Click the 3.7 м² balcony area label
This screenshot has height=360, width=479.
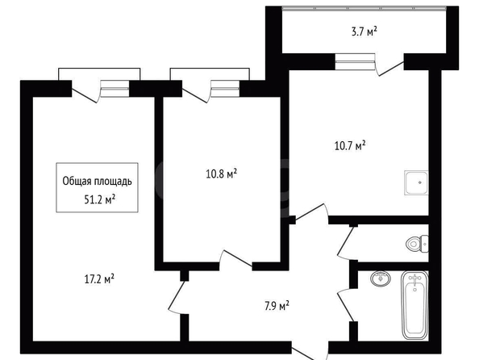coord(364,31)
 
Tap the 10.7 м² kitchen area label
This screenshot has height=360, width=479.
coord(350,145)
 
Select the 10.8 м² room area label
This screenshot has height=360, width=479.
coord(222,174)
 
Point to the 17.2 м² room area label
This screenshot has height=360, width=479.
coord(99,279)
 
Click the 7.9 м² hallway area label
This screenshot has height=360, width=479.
coord(277,306)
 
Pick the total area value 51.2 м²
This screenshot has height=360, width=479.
coord(99,200)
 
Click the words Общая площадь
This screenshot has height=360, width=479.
coord(97,181)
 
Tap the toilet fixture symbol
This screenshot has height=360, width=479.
coord(417,244)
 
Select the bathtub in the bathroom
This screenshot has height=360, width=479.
coord(414,305)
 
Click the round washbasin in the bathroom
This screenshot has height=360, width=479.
coord(381,278)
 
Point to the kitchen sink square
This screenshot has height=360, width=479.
coord(416,182)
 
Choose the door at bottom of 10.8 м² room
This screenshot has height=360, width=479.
coord(235,259)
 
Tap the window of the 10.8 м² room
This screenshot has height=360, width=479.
coord(225,89)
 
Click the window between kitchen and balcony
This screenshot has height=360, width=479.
coord(355,61)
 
